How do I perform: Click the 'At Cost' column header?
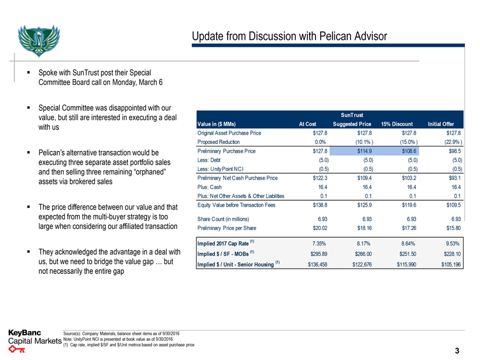[x=308, y=124]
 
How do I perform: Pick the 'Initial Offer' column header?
[x=445, y=124]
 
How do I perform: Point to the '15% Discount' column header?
[x=397, y=124]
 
